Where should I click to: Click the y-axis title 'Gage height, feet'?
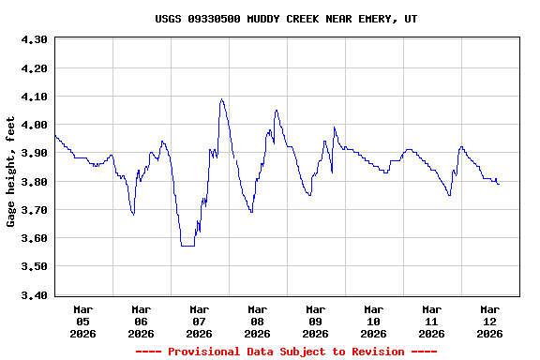[11, 172]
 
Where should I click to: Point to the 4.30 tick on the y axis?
[34, 40]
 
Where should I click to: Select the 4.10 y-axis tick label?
[34, 97]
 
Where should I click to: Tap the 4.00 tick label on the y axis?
[34, 125]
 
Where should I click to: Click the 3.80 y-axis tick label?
[34, 182]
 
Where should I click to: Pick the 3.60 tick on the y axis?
[34, 238]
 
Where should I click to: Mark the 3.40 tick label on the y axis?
[34, 295]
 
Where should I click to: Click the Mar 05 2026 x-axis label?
[83, 321]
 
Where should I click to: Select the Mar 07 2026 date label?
[199, 321]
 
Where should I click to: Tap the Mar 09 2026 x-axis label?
[315, 321]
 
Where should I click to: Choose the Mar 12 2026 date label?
[489, 321]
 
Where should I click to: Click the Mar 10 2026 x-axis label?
[373, 321]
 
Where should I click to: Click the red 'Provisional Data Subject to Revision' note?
[286, 352]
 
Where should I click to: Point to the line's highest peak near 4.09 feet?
[222, 99]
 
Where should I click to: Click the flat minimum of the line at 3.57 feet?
[187, 246]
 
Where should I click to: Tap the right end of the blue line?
[499, 184]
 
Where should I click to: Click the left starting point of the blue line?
[55, 136]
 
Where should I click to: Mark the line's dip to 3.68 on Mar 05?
[133, 215]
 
